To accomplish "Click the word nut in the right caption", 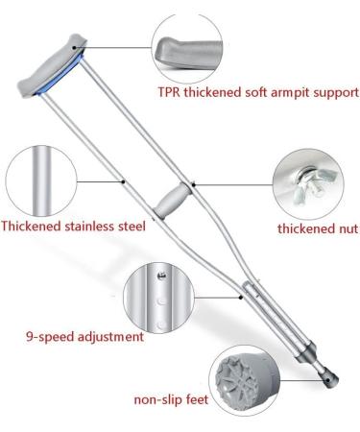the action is point(344,228).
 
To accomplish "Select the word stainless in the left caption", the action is point(86,228).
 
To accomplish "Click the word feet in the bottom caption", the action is point(196,398).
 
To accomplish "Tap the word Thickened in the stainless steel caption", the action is point(30,228).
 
